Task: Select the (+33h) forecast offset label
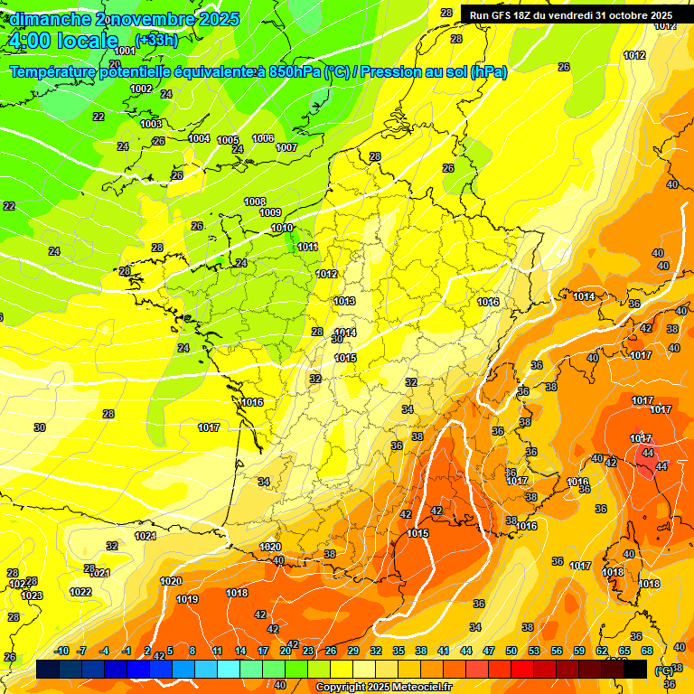156,40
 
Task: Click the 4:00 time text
31,41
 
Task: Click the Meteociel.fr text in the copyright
417,688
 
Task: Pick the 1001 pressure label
125,51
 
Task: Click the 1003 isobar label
151,124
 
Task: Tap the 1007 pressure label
286,147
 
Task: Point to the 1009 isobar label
270,212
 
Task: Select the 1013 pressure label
344,301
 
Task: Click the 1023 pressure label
32,596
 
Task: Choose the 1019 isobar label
187,599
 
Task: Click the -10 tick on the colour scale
61,651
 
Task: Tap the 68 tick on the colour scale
647,651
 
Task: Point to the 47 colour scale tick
489,651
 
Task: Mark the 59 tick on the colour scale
579,651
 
